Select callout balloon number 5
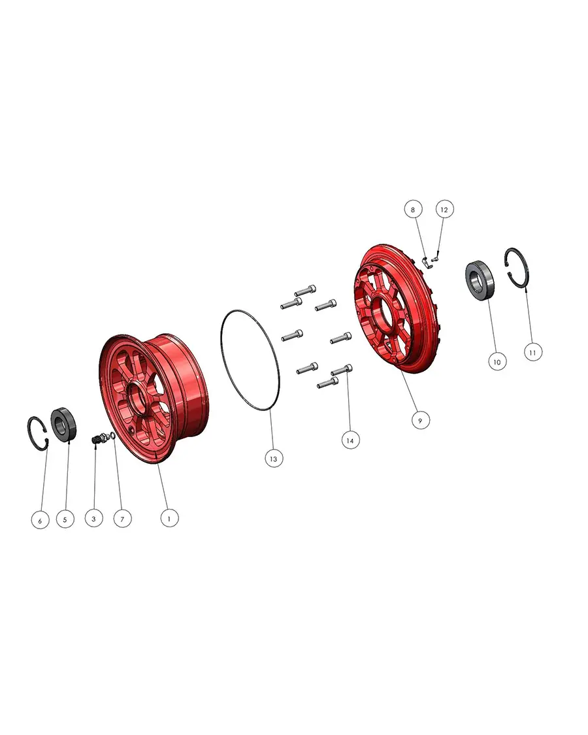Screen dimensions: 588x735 (x=65, y=519)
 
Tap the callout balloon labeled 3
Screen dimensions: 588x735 (x=94, y=518)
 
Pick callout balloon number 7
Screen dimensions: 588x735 (x=122, y=519)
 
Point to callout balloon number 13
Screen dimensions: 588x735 (x=274, y=459)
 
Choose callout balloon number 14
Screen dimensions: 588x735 (x=350, y=440)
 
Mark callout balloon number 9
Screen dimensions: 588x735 (x=420, y=420)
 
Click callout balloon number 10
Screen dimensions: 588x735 (x=497, y=361)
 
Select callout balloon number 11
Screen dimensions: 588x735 (x=532, y=352)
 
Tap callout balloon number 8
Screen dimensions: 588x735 (x=413, y=209)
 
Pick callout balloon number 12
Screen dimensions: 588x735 (x=444, y=209)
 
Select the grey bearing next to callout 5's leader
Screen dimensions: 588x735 (x=62, y=425)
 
